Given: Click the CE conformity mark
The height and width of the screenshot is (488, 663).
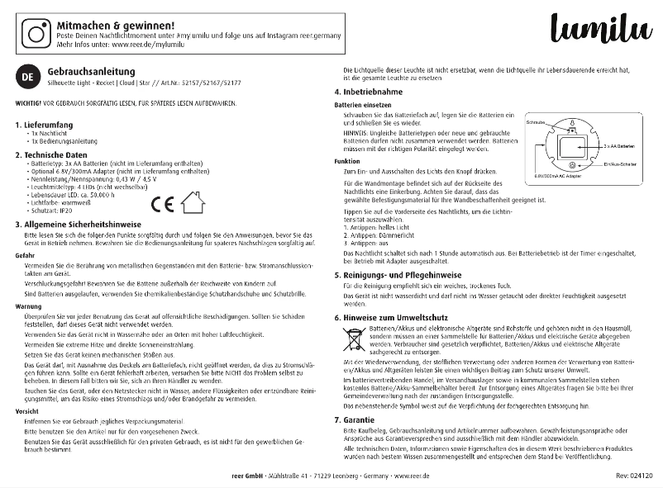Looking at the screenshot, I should point(163,203).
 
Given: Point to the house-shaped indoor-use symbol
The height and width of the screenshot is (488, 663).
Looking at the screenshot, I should point(193,202).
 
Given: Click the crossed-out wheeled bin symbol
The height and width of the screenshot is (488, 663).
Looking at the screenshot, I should point(353,339).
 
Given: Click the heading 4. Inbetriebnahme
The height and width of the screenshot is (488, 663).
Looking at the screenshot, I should point(369,92).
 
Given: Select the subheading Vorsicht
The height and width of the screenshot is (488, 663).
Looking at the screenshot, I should point(27,410).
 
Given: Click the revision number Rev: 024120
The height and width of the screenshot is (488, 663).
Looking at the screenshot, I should point(634,477).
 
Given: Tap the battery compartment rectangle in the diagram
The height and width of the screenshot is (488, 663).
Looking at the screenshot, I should point(570,149).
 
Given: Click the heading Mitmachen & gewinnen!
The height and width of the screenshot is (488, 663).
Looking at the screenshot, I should point(115,26).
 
